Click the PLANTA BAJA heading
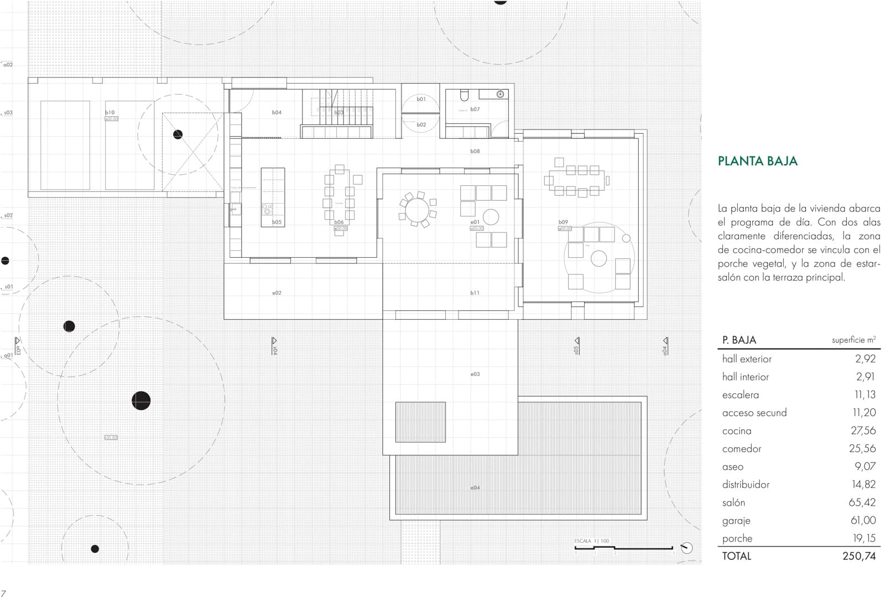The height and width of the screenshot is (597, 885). (x=757, y=161)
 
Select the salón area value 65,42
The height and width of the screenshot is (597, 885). (x=862, y=502)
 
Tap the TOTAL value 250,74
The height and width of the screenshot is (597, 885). (x=859, y=556)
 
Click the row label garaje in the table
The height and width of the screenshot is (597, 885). (x=736, y=521)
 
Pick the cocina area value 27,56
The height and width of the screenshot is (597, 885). (x=863, y=430)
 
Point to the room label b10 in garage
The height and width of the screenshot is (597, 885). (x=110, y=112)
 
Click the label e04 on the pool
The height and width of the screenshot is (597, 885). (x=475, y=488)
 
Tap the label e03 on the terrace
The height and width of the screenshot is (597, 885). (x=475, y=375)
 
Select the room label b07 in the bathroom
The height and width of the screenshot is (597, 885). (x=475, y=110)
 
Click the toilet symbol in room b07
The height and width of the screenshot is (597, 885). (x=464, y=95)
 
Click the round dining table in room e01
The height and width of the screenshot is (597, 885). (x=417, y=210)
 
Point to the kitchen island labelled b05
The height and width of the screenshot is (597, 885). (x=273, y=197)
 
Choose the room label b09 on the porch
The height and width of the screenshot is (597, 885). (x=563, y=222)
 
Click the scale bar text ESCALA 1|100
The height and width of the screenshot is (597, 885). (x=591, y=541)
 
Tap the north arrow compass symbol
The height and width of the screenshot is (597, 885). (x=686, y=548)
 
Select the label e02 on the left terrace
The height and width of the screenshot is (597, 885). (x=277, y=293)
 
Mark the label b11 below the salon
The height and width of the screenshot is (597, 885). (x=475, y=293)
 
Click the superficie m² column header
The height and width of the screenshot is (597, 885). (x=853, y=340)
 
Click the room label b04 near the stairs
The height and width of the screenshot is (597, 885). (x=277, y=112)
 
